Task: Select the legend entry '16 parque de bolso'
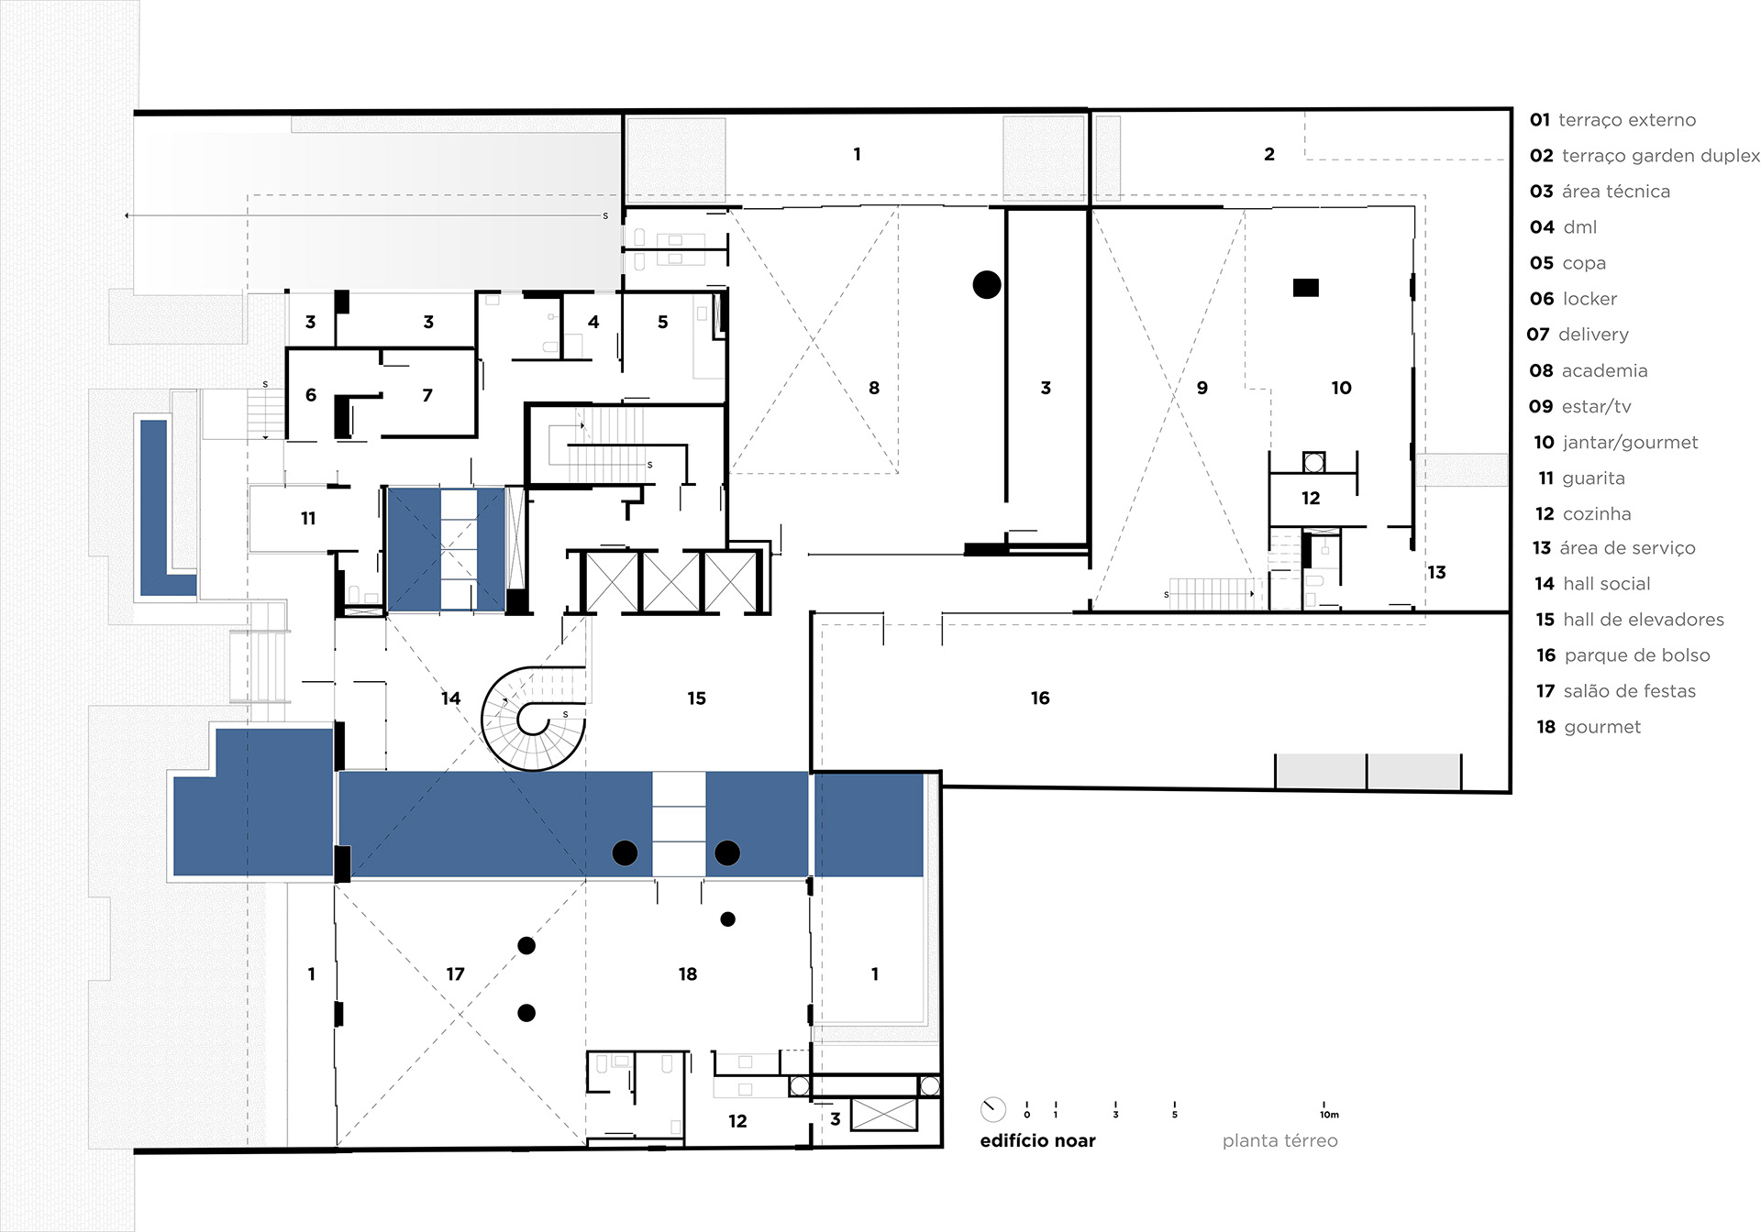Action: pos(1623,655)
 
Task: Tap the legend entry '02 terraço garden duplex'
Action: pos(1645,156)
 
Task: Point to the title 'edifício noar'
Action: pos(1037,1140)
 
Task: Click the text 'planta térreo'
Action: pos(1279,1140)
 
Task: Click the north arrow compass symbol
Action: pos(992,1109)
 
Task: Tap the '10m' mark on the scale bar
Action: pos(1329,1115)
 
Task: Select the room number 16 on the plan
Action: pos(1039,698)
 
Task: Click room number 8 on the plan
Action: pos(874,388)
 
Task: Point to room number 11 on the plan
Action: pos(308,519)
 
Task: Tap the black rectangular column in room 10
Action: pos(1306,288)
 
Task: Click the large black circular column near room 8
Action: pos(987,285)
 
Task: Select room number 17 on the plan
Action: pos(455,974)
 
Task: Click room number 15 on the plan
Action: pos(696,698)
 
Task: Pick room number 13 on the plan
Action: pos(1436,573)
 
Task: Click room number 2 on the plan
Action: pos(1269,155)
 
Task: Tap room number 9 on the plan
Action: pos(1202,388)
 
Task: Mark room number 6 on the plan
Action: pos(311,395)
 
